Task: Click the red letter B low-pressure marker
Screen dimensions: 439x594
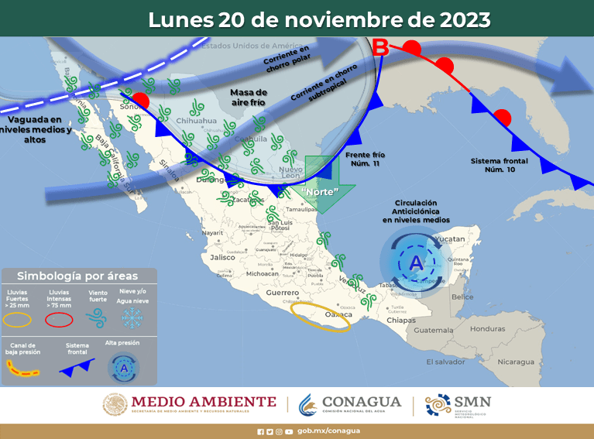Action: point(381,48)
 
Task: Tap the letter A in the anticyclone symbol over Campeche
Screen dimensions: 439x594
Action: point(415,263)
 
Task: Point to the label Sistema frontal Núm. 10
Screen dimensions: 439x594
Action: point(498,165)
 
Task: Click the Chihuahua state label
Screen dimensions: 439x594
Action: point(196,121)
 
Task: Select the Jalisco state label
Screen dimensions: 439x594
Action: point(221,257)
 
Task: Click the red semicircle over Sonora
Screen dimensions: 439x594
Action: point(140,101)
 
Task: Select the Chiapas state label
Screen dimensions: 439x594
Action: point(401,320)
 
